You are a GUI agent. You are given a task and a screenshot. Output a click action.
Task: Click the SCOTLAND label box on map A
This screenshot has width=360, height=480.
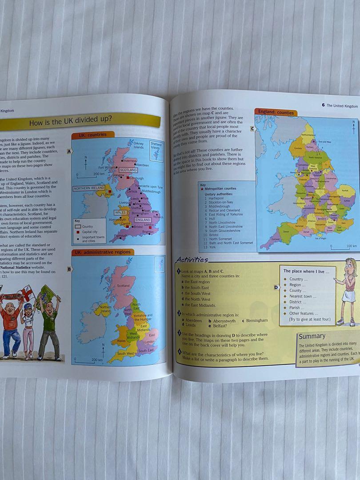tap(128, 170)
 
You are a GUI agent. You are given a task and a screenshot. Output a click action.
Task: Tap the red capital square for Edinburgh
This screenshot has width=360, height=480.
tap(128, 178)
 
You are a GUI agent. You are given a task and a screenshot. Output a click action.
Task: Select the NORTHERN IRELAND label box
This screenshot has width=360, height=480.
tap(89, 188)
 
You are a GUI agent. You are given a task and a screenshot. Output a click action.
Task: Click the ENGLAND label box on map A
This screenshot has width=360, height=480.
tap(143, 220)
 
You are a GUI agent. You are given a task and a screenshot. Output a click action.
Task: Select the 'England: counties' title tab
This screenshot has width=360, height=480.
tap(276, 112)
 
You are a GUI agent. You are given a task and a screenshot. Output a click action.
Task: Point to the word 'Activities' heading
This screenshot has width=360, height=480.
tap(192, 260)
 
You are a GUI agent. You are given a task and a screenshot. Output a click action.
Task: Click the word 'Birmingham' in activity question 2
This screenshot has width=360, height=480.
tap(257, 320)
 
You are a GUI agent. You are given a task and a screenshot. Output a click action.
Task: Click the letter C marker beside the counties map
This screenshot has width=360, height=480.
tap(252, 129)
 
